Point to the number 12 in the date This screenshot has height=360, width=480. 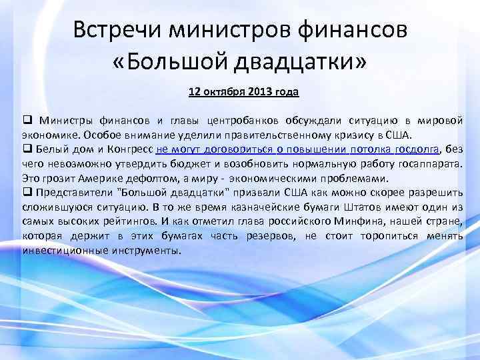tap(194, 91)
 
